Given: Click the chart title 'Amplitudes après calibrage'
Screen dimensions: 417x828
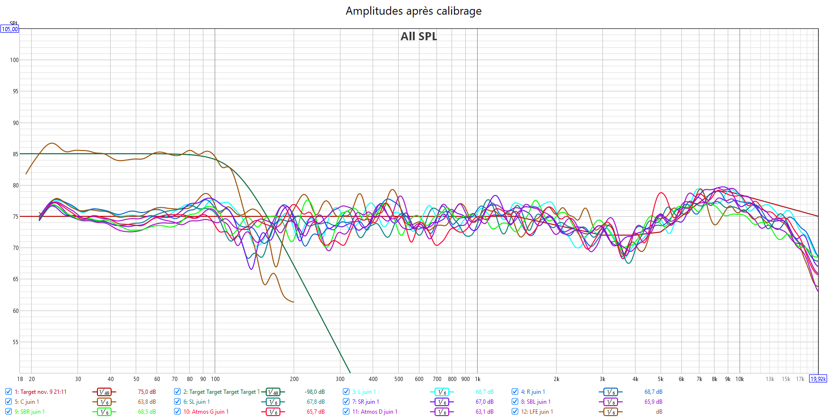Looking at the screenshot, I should (x=414, y=11).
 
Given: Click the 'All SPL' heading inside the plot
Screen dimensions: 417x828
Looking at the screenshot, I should (x=418, y=36).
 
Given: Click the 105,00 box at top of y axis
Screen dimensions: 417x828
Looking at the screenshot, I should (x=9, y=29).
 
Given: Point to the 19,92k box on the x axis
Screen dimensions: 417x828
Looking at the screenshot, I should (x=818, y=379).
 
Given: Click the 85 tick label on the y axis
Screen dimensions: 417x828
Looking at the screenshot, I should (x=16, y=154).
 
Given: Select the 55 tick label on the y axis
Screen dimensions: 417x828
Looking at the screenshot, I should (x=16, y=342).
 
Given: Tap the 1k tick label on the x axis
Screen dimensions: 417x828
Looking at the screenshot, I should (x=478, y=379).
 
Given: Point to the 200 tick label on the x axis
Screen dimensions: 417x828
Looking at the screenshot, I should (x=294, y=379).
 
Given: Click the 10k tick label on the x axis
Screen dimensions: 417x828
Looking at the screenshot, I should (x=740, y=379).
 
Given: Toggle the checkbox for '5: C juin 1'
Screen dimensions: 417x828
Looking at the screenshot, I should (x=9, y=402).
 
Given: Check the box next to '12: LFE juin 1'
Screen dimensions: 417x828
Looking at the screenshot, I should (x=515, y=412).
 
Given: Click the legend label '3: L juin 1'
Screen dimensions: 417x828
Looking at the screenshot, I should (x=364, y=392).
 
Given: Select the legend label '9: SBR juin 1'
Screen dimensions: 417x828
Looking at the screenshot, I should (x=29, y=412).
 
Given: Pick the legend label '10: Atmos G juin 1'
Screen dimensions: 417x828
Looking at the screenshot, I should (x=206, y=412).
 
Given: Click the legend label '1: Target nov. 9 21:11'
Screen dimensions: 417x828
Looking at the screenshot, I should (x=40, y=392).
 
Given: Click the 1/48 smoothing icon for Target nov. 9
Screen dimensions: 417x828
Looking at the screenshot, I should (x=104, y=392).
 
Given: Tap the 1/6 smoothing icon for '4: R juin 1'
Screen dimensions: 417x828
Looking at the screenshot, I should (x=610, y=392).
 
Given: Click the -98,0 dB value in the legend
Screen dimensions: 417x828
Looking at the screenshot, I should (x=314, y=392).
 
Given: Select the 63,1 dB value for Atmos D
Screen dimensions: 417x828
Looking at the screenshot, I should (x=484, y=412).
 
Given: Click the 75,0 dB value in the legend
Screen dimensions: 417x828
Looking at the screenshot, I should (x=147, y=392).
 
